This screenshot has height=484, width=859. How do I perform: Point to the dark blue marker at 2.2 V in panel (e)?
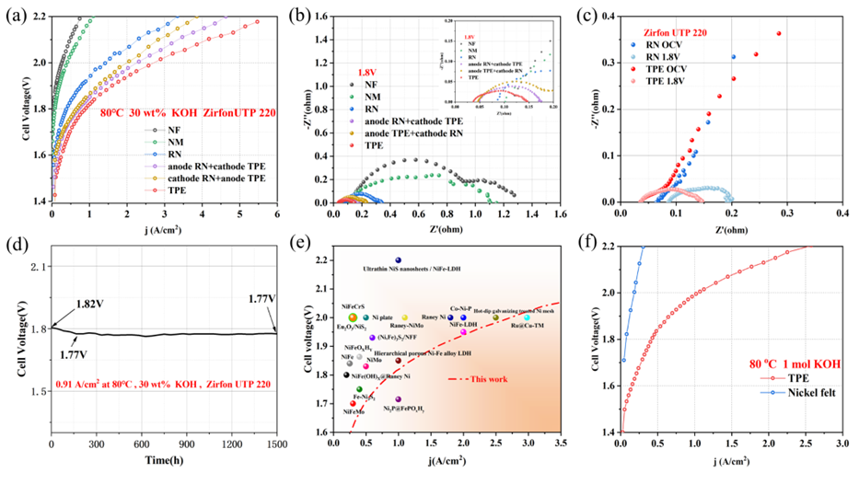click(398, 260)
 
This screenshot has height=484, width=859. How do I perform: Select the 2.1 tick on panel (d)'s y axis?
click(38, 267)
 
